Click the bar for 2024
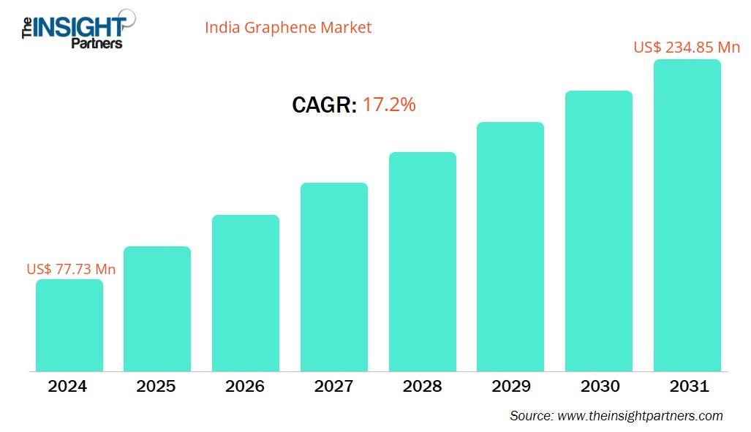[x=69, y=325]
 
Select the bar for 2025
[x=157, y=308]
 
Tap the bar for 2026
[x=246, y=293]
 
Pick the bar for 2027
[x=334, y=277]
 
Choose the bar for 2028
[x=422, y=262]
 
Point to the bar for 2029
[x=510, y=246]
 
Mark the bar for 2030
[x=598, y=231]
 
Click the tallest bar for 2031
[x=687, y=216]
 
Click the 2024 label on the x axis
[x=68, y=387]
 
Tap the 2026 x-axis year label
[x=245, y=387]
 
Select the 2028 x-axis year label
[x=422, y=387]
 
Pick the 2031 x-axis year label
[x=687, y=387]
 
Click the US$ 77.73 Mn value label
[x=71, y=269]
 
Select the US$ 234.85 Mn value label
[x=687, y=48]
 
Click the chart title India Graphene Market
[x=288, y=28]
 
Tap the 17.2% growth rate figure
[x=389, y=105]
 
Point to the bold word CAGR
[x=324, y=105]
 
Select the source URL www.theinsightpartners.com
[x=640, y=416]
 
